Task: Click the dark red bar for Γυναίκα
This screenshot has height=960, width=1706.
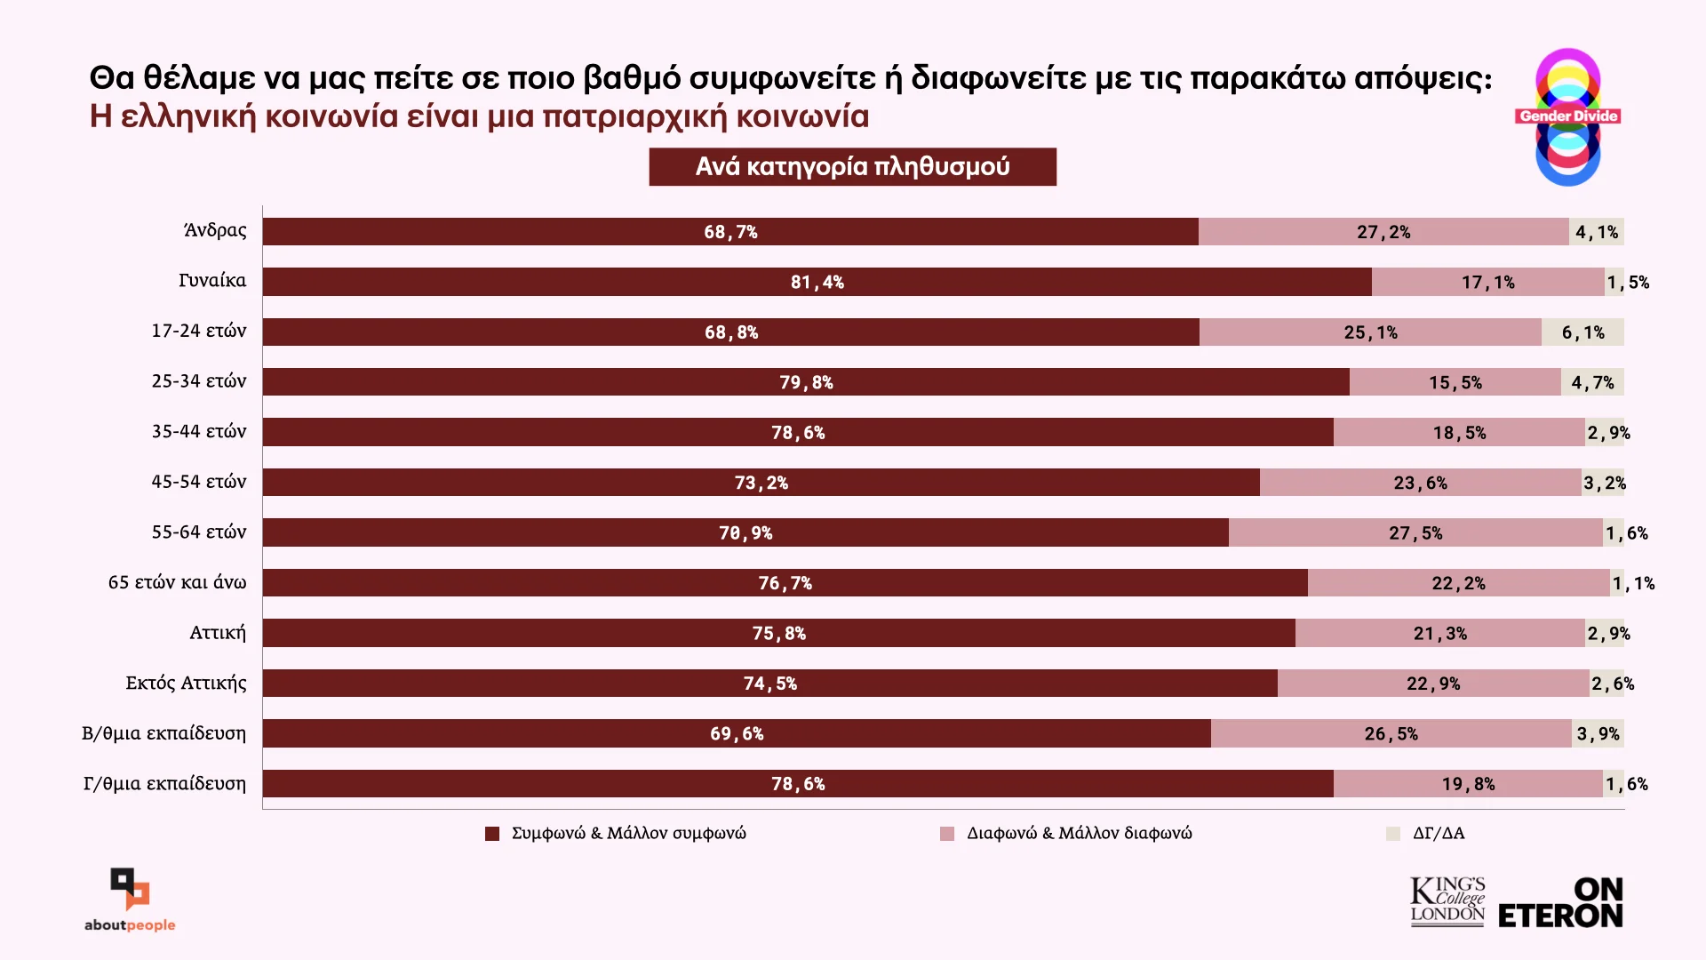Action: tap(817, 282)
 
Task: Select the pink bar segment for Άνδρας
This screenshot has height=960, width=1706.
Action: tap(1383, 232)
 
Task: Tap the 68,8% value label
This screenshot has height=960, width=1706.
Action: tap(731, 332)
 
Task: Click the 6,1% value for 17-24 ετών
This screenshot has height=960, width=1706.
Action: tap(1583, 332)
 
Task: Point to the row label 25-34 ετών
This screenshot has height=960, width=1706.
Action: tap(199, 381)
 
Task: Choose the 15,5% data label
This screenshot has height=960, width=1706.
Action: tap(1455, 383)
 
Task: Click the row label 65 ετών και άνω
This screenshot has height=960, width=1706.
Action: tap(178, 582)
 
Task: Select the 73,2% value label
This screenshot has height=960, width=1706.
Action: tap(761, 484)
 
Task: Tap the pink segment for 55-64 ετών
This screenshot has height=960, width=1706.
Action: tap(1415, 533)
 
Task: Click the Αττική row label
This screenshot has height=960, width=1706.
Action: tap(218, 633)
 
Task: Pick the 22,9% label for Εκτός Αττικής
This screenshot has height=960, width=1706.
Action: tap(1433, 684)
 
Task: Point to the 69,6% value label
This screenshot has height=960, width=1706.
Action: tap(737, 734)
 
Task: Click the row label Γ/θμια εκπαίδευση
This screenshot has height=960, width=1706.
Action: tap(165, 784)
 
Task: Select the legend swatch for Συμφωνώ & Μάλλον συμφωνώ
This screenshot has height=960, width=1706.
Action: tap(492, 834)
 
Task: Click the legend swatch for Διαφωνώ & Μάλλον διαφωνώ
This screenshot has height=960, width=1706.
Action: tap(947, 834)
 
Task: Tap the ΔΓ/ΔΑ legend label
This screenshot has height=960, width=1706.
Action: tap(1439, 834)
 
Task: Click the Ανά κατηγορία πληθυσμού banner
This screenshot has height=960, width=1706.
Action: tap(853, 167)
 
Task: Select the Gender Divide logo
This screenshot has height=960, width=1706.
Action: tap(1568, 117)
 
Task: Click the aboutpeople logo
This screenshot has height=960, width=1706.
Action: tap(130, 900)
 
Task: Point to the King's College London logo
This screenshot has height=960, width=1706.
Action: tap(1447, 902)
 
